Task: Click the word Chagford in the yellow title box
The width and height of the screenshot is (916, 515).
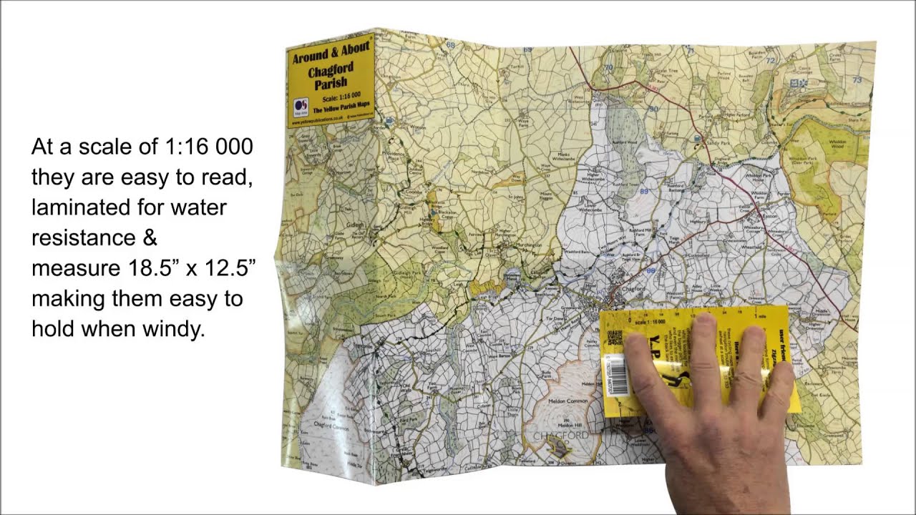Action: [x=330, y=71]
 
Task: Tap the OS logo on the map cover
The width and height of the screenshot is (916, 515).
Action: [x=301, y=107]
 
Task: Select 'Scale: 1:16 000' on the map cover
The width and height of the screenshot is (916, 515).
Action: [x=341, y=94]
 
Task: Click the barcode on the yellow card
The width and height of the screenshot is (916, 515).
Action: [x=617, y=375]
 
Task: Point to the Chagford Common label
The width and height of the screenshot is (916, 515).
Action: [x=331, y=427]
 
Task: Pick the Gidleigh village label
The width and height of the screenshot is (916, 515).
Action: [x=356, y=225]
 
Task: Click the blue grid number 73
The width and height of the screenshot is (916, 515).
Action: [x=857, y=79]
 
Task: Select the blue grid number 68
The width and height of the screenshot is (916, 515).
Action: [x=450, y=45]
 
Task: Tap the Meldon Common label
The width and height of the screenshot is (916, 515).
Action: [x=567, y=402]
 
